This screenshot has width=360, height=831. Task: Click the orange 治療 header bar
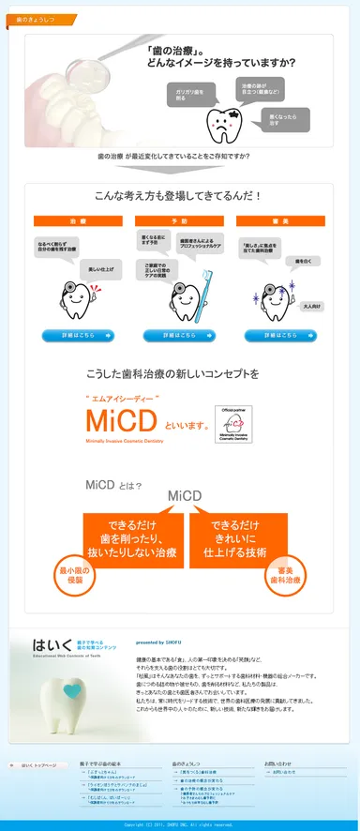(x=77, y=220)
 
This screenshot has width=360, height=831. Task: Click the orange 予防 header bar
(x=179, y=220)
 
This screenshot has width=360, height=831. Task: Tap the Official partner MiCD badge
(x=237, y=422)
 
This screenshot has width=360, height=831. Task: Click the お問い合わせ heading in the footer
(x=277, y=763)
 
